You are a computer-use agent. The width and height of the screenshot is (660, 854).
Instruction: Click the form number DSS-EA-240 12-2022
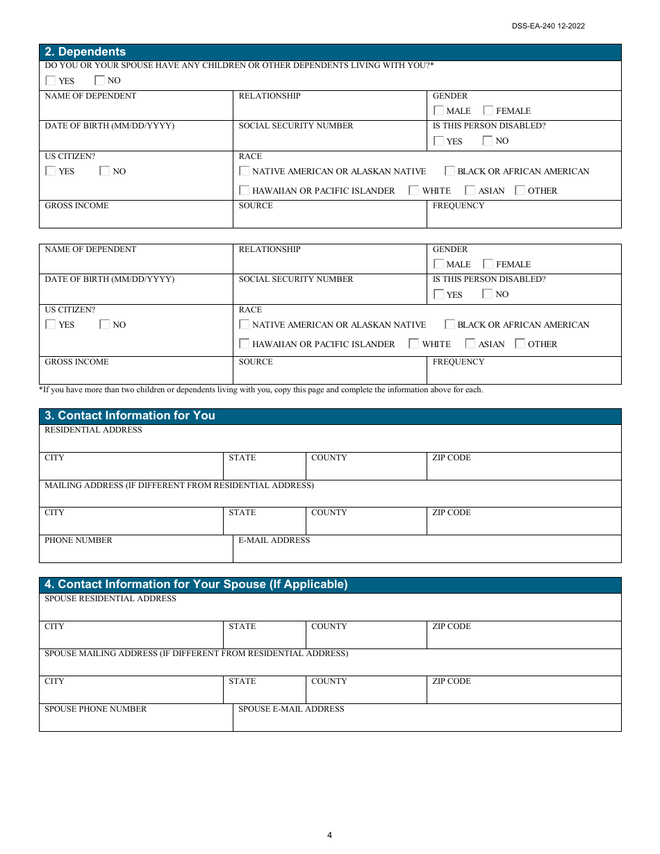(548, 26)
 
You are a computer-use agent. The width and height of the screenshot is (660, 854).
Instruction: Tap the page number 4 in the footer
(329, 835)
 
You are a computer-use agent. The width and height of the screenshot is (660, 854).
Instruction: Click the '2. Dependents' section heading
(85, 52)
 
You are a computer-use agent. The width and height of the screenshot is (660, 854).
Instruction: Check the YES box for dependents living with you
(51, 81)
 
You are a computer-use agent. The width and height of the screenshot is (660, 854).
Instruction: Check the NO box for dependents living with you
(99, 81)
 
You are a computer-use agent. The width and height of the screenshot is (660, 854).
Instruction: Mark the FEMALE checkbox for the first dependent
(488, 110)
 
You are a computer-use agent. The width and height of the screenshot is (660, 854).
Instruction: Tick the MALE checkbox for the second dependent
(438, 264)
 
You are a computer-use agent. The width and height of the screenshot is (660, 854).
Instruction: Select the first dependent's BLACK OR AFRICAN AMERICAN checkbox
(449, 171)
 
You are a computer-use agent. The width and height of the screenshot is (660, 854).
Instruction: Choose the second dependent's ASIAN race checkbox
(470, 344)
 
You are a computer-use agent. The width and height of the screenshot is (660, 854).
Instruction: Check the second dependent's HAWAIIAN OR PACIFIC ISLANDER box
(245, 344)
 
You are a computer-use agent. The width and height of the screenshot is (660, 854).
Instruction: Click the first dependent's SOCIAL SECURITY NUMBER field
(329, 135)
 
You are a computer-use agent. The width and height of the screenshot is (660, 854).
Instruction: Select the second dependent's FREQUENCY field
(523, 374)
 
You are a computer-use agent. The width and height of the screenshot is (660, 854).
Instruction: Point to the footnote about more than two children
(261, 390)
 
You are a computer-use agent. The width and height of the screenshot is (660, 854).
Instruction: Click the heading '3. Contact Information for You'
(129, 416)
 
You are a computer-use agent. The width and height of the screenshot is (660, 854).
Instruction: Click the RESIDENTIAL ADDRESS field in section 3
(329, 442)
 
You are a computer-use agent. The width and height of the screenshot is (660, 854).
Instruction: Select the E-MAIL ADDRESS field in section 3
(426, 552)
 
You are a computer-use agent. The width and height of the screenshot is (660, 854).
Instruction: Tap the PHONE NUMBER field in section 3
(135, 552)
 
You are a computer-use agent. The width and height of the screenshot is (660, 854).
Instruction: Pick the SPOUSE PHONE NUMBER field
(135, 721)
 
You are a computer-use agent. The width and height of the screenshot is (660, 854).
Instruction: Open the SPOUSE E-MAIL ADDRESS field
(426, 721)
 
